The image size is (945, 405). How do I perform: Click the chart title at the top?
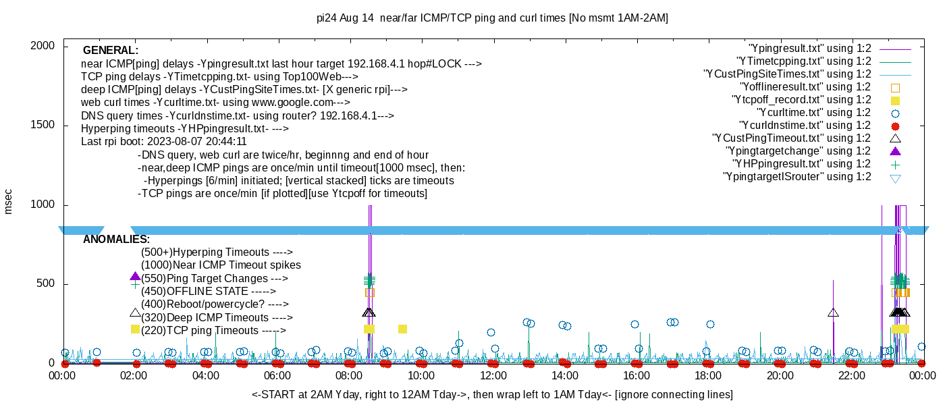pyautogui.click(x=492, y=18)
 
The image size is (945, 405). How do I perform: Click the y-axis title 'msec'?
pyautogui.click(x=8, y=201)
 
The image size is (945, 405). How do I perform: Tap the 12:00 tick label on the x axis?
pyautogui.click(x=493, y=376)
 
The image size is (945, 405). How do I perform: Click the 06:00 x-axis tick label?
pyautogui.click(x=277, y=376)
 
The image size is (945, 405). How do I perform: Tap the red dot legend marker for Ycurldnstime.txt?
pyautogui.click(x=896, y=126)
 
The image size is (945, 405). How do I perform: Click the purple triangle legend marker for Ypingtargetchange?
pyautogui.click(x=896, y=151)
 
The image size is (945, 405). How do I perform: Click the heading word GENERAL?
pyautogui.click(x=111, y=51)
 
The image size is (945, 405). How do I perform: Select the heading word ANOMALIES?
pyautogui.click(x=116, y=240)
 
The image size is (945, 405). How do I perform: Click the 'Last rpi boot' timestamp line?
pyautogui.click(x=164, y=142)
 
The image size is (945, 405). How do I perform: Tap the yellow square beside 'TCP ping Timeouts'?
pyautogui.click(x=135, y=329)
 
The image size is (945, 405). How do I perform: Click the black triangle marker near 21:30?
pyautogui.click(x=833, y=313)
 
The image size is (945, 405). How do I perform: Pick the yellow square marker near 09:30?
pyautogui.click(x=402, y=329)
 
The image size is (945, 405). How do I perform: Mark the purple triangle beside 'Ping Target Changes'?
pyautogui.click(x=135, y=277)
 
